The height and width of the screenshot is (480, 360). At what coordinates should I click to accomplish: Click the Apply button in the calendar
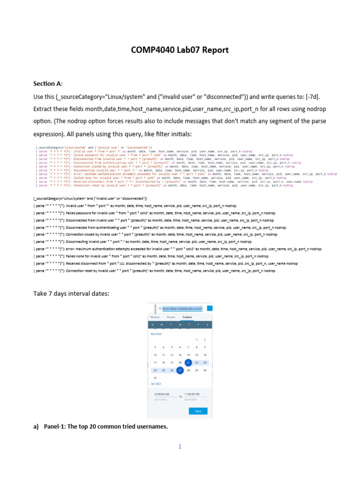coord(198,411)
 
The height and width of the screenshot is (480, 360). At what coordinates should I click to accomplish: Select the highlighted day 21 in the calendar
coord(188,362)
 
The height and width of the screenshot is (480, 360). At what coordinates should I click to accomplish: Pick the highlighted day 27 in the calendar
coord(180,370)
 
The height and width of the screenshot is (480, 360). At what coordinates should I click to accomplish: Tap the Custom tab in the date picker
coord(187,317)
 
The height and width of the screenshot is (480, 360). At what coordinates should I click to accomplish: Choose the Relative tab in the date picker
coord(155,317)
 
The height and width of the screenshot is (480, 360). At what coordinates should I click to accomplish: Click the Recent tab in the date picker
coord(171,317)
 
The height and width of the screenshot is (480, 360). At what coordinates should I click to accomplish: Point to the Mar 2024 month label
coord(156,334)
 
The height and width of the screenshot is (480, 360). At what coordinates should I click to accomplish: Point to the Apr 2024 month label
coord(156,383)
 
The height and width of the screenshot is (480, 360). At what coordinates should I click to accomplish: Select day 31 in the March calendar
coord(155,378)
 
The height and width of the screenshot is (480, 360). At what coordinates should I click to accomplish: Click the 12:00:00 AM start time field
coord(162,394)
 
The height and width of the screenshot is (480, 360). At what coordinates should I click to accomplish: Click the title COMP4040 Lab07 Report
coord(180,50)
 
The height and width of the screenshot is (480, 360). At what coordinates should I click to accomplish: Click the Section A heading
coord(47,83)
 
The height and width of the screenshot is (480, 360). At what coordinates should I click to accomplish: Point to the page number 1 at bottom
coord(180,447)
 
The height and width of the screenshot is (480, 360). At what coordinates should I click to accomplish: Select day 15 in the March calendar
coord(196,355)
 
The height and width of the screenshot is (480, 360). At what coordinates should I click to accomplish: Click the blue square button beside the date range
coord(210,308)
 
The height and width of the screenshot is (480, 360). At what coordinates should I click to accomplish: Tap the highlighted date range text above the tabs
coord(182,309)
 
